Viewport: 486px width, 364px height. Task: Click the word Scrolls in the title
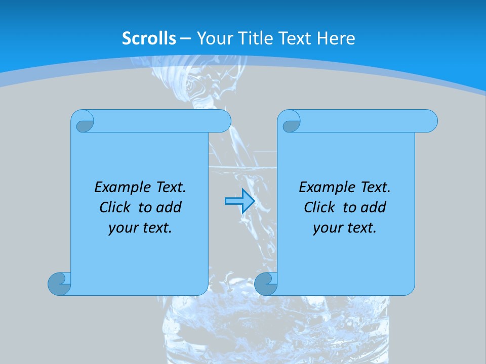pyautogui.click(x=149, y=38)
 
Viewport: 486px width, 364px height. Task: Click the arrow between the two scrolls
pyautogui.click(x=239, y=201)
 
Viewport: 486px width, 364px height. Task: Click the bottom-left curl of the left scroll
pyautogui.click(x=59, y=284)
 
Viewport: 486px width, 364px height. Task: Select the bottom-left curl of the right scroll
pyautogui.click(x=265, y=284)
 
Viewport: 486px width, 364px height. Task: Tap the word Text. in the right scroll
pyautogui.click(x=375, y=188)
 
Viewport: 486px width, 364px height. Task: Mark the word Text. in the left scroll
pyautogui.click(x=171, y=188)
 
